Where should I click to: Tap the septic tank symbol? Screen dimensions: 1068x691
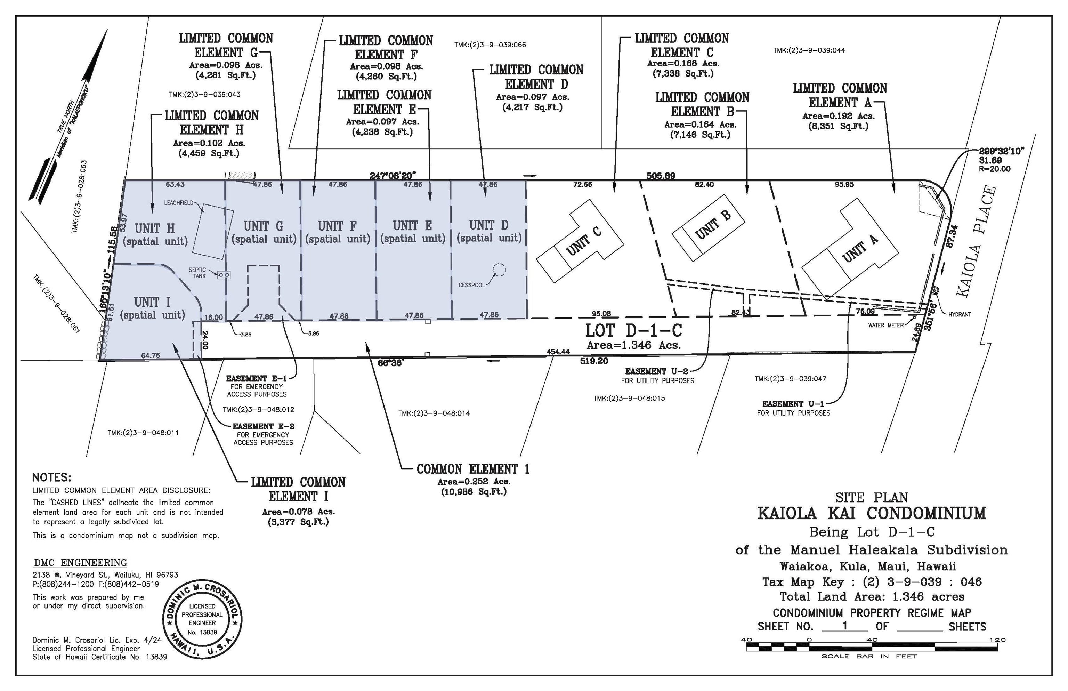click(x=224, y=275)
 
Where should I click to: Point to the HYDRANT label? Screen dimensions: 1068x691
click(x=960, y=314)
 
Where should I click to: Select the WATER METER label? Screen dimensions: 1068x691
click(x=886, y=325)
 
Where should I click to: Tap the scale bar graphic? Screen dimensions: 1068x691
click(x=872, y=647)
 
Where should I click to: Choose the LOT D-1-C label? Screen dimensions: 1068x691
click(x=633, y=331)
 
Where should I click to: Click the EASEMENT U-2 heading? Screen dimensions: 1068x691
click(x=656, y=371)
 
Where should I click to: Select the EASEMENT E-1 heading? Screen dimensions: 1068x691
click(x=256, y=379)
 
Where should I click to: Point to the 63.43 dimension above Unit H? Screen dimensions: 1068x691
click(x=175, y=184)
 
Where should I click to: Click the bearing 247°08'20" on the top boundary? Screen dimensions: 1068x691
click(x=393, y=175)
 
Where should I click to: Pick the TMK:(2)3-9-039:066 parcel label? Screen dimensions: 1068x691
click(x=490, y=45)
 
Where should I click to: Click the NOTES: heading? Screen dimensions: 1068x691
click(x=51, y=477)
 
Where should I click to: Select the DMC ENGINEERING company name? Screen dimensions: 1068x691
click(x=80, y=563)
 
